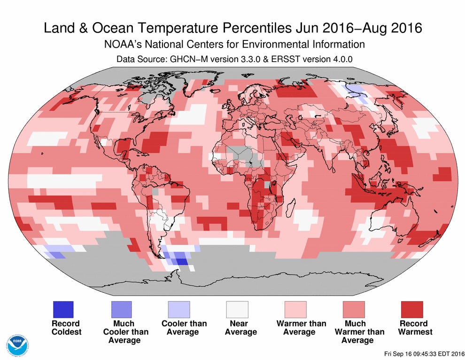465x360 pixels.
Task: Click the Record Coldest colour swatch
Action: coord(62,309)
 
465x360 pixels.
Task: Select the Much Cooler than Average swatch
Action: coord(121,309)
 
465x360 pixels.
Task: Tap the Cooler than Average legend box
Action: coord(179,309)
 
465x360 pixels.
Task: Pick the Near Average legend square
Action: coord(237,309)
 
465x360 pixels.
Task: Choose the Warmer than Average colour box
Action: coord(295,309)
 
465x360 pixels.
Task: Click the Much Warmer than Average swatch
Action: coord(354,309)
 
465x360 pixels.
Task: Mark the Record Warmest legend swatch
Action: coord(412,309)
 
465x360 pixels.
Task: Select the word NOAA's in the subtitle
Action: coord(121,45)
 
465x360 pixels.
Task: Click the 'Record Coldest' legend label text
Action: coord(66,328)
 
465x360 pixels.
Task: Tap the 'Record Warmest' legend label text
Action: coord(415,328)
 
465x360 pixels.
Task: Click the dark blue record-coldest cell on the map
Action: coord(182,262)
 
